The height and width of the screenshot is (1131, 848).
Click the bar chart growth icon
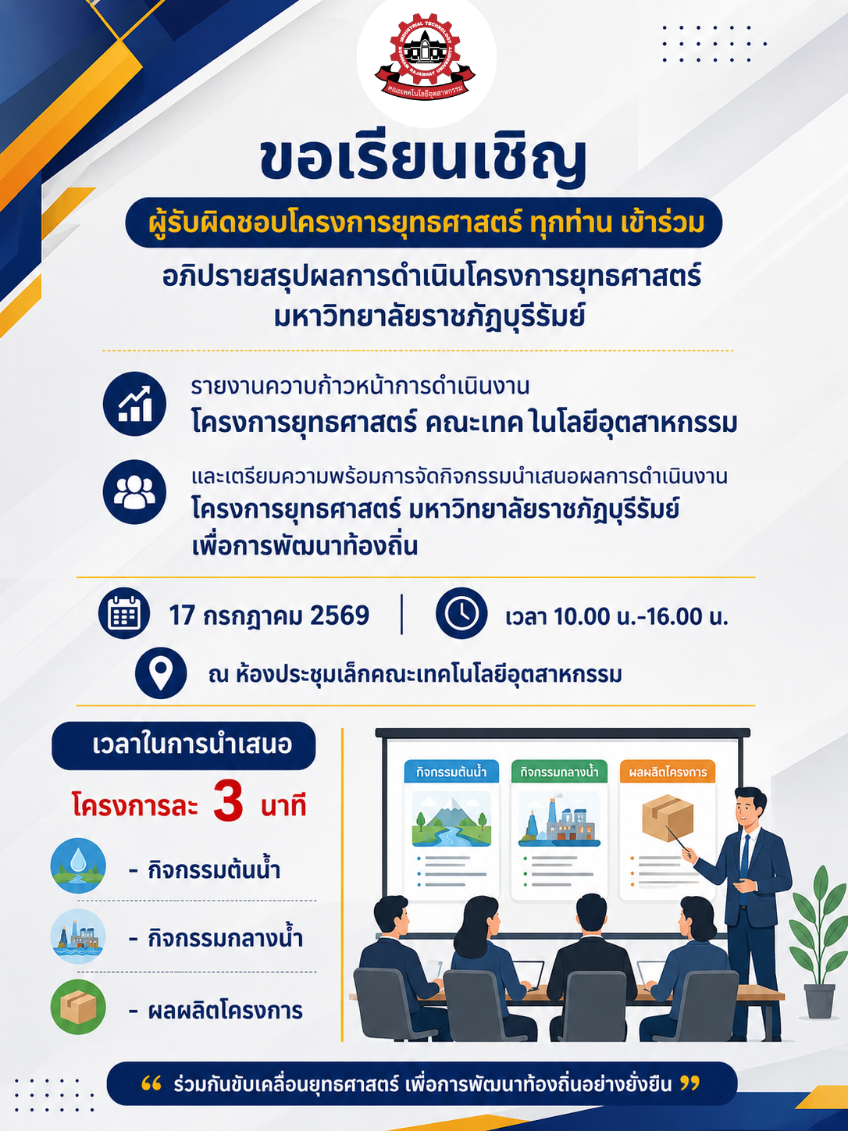click(134, 404)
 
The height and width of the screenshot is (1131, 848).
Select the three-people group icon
click(134, 491)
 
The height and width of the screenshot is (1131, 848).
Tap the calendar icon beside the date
click(124, 613)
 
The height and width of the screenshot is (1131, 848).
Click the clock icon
click(461, 613)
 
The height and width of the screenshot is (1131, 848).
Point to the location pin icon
click(161, 673)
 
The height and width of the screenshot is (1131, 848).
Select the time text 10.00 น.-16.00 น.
click(641, 616)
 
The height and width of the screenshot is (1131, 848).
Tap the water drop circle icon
click(78, 865)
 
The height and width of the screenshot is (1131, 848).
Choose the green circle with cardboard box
click(78, 1007)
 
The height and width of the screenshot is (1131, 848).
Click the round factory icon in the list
click(78, 937)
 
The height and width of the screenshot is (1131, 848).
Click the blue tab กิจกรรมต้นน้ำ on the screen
click(451, 772)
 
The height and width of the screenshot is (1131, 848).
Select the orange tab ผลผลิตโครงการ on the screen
click(668, 772)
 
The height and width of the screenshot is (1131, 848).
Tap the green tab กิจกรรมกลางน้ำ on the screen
click(559, 772)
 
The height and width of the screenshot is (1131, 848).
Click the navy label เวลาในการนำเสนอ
click(183, 746)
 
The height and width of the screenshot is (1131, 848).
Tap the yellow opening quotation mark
click(151, 1083)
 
